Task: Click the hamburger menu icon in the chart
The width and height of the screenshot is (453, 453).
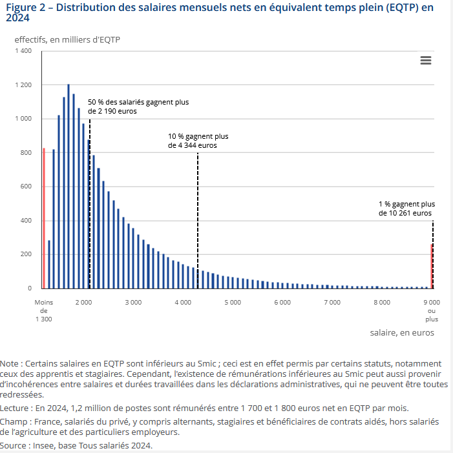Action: [425, 60]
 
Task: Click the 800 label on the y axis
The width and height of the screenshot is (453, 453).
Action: [25, 153]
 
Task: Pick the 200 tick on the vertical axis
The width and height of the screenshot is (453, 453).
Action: [25, 254]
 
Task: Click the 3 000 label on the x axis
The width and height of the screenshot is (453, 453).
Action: [133, 302]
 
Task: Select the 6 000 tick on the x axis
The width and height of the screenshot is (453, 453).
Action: [282, 302]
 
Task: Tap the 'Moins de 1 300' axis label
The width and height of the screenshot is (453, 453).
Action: [43, 310]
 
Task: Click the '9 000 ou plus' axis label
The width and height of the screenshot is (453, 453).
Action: [432, 310]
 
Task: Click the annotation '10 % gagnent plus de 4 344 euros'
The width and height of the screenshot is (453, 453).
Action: [198, 141]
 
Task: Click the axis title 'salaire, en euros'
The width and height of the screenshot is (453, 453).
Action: [402, 333]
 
